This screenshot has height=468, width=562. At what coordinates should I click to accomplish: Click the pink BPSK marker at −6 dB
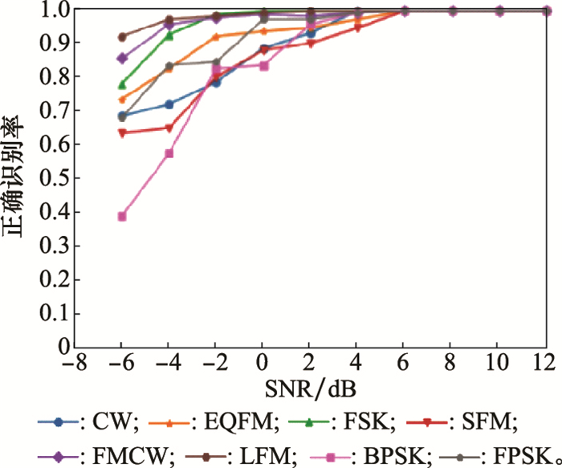pos(122,216)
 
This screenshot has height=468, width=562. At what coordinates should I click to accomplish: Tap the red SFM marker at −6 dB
pos(122,133)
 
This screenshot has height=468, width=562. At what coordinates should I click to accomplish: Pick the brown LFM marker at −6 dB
pos(122,37)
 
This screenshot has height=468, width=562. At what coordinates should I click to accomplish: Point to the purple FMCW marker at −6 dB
pos(122,59)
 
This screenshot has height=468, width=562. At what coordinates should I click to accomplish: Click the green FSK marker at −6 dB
pos(122,84)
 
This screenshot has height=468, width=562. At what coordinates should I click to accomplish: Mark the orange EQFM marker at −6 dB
pos(122,100)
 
